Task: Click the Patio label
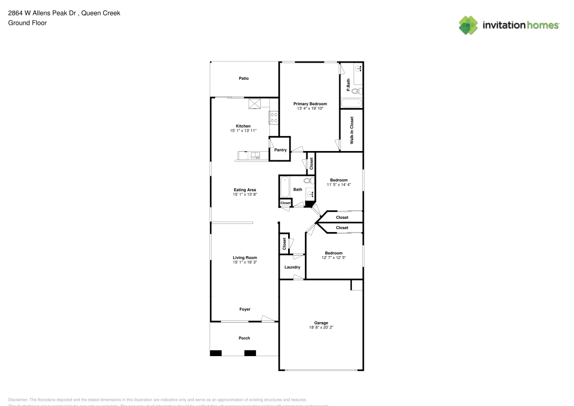244,78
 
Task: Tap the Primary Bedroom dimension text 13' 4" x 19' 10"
310,108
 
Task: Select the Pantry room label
280,150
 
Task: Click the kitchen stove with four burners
274,118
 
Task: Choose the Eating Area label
245,190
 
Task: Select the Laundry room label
292,267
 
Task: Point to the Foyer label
245,310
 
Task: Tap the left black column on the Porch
216,353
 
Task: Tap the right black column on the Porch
250,353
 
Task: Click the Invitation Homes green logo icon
468,25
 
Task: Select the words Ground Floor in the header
28,23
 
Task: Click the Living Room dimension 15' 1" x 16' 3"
245,262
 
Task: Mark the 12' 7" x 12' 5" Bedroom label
333,257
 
